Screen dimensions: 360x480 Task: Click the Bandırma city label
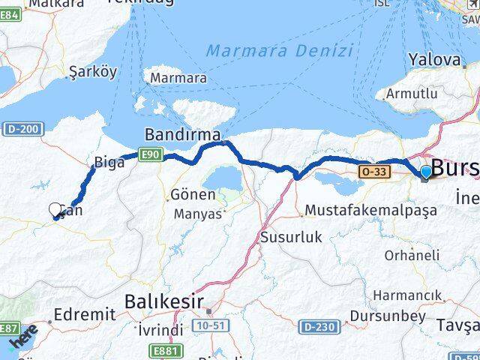click(182, 136)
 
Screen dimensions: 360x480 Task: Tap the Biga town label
click(103, 162)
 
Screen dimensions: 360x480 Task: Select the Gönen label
click(193, 194)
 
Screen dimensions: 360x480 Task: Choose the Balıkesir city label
click(163, 301)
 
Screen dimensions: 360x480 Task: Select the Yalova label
click(433, 60)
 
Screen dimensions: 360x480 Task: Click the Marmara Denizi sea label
click(279, 52)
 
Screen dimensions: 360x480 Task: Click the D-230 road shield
click(317, 327)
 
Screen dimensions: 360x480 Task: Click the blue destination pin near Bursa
click(426, 172)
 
